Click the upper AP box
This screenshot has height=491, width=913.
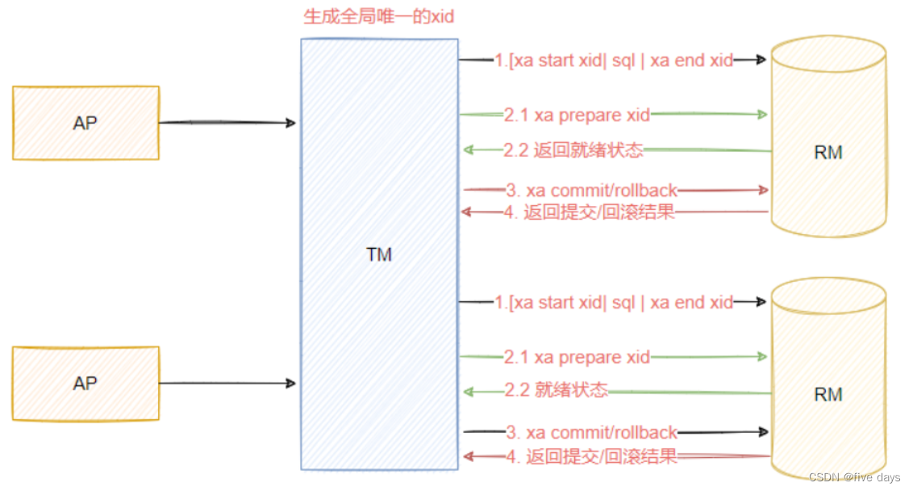pyautogui.click(x=85, y=123)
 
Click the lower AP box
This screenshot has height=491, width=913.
pyautogui.click(x=85, y=383)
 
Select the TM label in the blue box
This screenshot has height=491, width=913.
pyautogui.click(x=378, y=255)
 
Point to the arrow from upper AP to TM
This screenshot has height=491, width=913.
pyautogui.click(x=228, y=123)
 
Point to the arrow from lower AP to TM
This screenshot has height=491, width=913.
pyautogui.click(x=228, y=383)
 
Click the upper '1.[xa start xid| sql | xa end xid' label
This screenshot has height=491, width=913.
pyautogui.click(x=614, y=61)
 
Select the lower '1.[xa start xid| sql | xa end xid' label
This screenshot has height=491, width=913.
pyautogui.click(x=614, y=303)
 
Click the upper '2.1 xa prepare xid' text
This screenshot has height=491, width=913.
pyautogui.click(x=577, y=115)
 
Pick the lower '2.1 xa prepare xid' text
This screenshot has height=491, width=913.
pyautogui.click(x=577, y=357)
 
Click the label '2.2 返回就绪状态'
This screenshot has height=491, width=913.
pyautogui.click(x=573, y=149)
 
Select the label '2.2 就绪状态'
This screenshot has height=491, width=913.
pyautogui.click(x=556, y=391)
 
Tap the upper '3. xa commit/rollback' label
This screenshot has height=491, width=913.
pyautogui.click(x=591, y=191)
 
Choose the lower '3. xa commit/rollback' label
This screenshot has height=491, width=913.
pyautogui.click(x=591, y=433)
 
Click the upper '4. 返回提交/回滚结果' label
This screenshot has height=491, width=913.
pyautogui.click(x=590, y=213)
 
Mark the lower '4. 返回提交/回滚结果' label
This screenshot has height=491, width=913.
pyautogui.click(x=591, y=457)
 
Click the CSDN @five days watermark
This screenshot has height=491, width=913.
pyautogui.click(x=855, y=477)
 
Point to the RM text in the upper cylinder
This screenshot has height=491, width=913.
pyautogui.click(x=828, y=153)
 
